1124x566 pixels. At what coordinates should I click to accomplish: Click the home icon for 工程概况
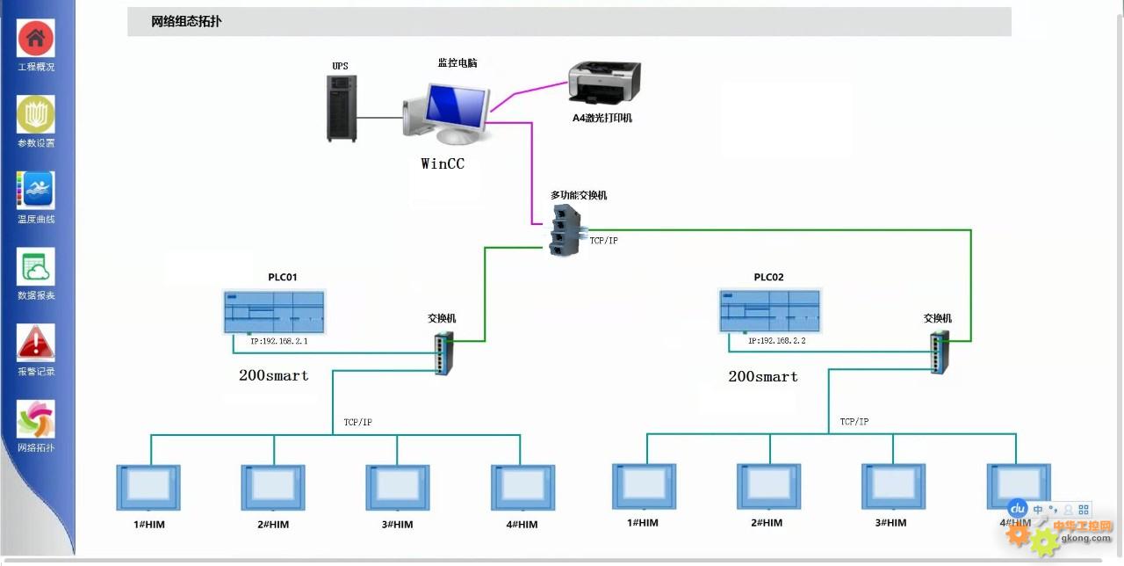tap(36, 39)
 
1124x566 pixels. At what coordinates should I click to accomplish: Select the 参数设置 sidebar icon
tap(36, 114)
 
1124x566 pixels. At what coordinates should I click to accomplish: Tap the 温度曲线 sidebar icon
tap(36, 190)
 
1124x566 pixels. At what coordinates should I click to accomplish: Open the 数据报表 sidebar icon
tap(36, 266)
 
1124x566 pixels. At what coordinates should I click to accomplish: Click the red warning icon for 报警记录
tap(36, 343)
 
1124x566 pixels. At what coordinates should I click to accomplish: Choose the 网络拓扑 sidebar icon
tap(36, 418)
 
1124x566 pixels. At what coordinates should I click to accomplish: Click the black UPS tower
tap(342, 108)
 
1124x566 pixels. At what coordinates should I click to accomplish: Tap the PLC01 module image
tap(273, 312)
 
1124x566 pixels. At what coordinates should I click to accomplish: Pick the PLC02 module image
tap(768, 312)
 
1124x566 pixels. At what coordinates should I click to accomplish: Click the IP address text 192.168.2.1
tap(278, 340)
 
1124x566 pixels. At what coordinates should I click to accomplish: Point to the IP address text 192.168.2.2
tap(776, 340)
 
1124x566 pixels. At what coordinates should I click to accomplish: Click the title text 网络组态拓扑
tap(186, 22)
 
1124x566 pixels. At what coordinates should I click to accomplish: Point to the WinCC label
tap(443, 163)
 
